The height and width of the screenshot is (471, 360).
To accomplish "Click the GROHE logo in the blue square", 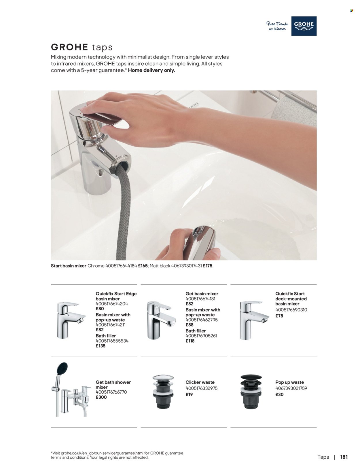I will tap(304, 26).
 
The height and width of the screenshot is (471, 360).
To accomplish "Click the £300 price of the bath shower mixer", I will tap(101, 397).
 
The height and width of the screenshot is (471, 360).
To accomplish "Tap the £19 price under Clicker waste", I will tap(189, 395).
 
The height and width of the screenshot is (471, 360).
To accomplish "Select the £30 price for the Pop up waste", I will tap(279, 395).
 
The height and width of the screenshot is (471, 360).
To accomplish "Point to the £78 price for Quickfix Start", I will tap(279, 316).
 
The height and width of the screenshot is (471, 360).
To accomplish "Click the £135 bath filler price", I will tap(101, 346).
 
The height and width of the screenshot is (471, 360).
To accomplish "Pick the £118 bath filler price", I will tap(190, 341).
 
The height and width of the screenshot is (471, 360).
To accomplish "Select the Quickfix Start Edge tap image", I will tap(69, 320).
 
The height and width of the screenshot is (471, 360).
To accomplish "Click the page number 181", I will tap(344, 457).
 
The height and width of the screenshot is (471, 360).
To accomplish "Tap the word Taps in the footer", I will tap(323, 457).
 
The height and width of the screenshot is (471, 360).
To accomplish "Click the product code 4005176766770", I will tap(111, 392).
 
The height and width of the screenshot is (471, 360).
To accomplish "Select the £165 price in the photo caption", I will tap(143, 266).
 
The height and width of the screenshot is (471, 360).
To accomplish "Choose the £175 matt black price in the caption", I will tap(208, 266).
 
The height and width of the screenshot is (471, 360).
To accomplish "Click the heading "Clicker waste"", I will tap(200, 382).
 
